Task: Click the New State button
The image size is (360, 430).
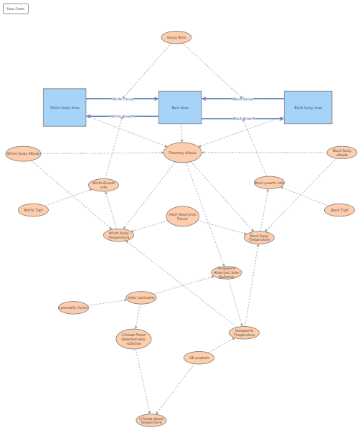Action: coord(16,9)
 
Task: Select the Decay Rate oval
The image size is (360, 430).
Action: coord(176,37)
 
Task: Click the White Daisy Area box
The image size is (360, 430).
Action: coord(65,107)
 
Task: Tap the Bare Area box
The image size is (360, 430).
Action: coord(180,107)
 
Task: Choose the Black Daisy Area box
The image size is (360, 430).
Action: coord(308,107)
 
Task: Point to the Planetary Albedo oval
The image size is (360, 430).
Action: coord(182,152)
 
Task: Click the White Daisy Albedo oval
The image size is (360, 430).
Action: coord(24,153)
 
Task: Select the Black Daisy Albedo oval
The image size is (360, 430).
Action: coord(342,152)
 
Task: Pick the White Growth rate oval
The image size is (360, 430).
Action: coord(103,185)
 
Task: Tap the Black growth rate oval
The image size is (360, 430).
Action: coord(269,183)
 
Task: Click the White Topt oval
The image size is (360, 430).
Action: coord(34,210)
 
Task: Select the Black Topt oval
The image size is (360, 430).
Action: coord(338,210)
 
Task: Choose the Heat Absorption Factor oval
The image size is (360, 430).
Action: coord(182,216)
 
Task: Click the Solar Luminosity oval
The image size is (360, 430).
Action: coord(141,297)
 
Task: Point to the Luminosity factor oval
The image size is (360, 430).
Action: coord(73,307)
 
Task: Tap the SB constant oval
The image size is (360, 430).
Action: coord(198,358)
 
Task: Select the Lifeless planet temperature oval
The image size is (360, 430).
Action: coord(151,420)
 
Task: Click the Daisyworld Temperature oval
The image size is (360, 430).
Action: coord(244,333)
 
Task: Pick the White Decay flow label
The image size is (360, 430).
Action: coord(123,99)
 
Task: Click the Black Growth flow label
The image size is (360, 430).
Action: coord(244,118)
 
